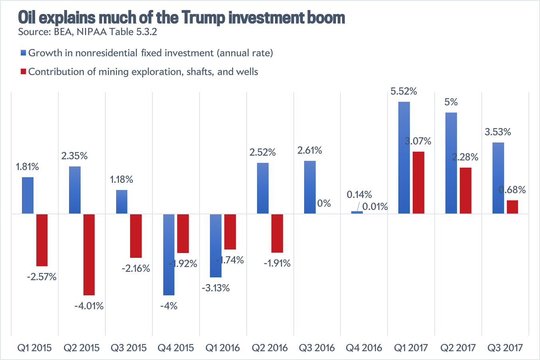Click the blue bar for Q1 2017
pyautogui.click(x=404, y=158)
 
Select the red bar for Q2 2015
pyautogui.click(x=89, y=254)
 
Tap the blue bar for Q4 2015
pyautogui.click(x=169, y=254)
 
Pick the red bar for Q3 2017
pyautogui.click(x=512, y=207)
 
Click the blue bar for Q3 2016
pyautogui.click(x=310, y=187)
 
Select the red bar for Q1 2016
pyautogui.click(x=230, y=231)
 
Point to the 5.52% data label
pyautogui.click(x=404, y=91)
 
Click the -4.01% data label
pyautogui.click(x=89, y=306)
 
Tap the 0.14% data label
pyautogui.click(x=359, y=195)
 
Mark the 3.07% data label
pyautogui.click(x=418, y=141)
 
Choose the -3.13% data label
pyautogui.click(x=216, y=288)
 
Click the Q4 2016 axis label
pyautogui.click(x=364, y=348)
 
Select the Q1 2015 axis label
pyautogui.click(x=34, y=348)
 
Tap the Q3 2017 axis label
pyautogui.click(x=505, y=348)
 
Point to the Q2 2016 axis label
pyautogui.click(x=270, y=348)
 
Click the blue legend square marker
pyautogui.click(x=23, y=53)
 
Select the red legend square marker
pyautogui.click(x=23, y=72)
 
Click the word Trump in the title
pyautogui.click(x=204, y=18)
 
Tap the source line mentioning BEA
pyautogui.click(x=87, y=32)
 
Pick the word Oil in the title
pyautogui.click(x=28, y=18)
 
